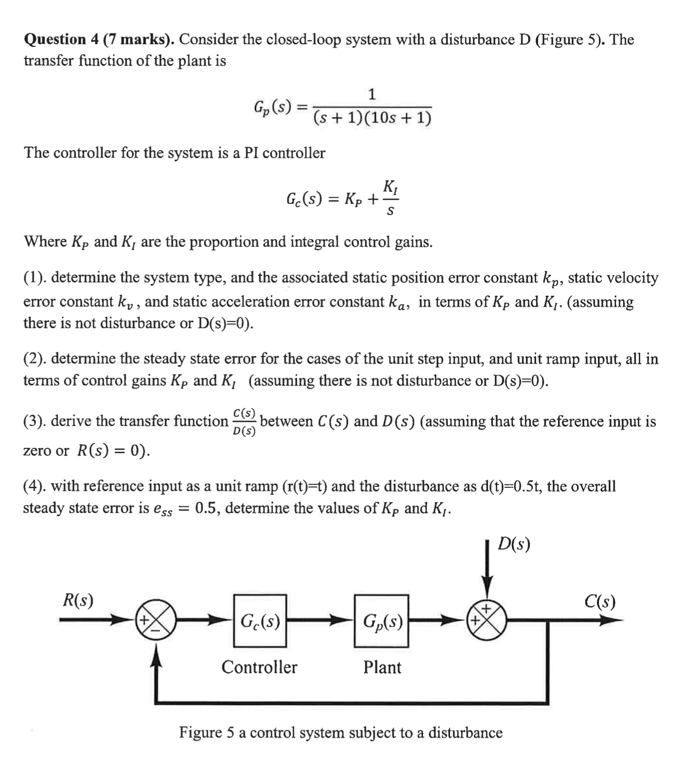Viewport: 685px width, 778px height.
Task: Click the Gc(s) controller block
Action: click(x=260, y=620)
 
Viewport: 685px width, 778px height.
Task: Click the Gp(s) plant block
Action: click(x=381, y=620)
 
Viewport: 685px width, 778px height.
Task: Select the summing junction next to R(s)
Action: click(x=157, y=620)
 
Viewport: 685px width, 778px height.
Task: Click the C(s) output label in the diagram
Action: click(x=600, y=602)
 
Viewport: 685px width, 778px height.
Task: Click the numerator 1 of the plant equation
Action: click(x=372, y=94)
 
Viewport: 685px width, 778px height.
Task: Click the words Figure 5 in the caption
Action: click(x=206, y=732)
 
